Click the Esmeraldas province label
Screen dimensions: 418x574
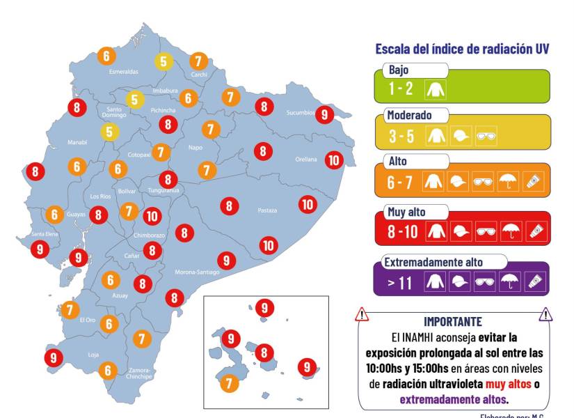click(124, 72)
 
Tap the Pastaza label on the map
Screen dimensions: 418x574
click(267, 210)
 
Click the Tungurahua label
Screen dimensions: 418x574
click(164, 190)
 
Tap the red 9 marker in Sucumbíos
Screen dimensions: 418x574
click(324, 114)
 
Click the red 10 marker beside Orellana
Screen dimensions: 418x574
click(334, 160)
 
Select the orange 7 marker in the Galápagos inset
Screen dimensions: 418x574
click(229, 382)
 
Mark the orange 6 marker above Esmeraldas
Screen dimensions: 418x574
click(106, 56)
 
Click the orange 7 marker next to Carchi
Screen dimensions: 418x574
click(199, 61)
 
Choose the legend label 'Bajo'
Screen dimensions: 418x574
click(399, 70)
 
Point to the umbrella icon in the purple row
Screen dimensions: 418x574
click(509, 281)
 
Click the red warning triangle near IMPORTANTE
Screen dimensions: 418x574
click(362, 315)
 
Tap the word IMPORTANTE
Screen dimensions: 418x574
click(452, 321)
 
